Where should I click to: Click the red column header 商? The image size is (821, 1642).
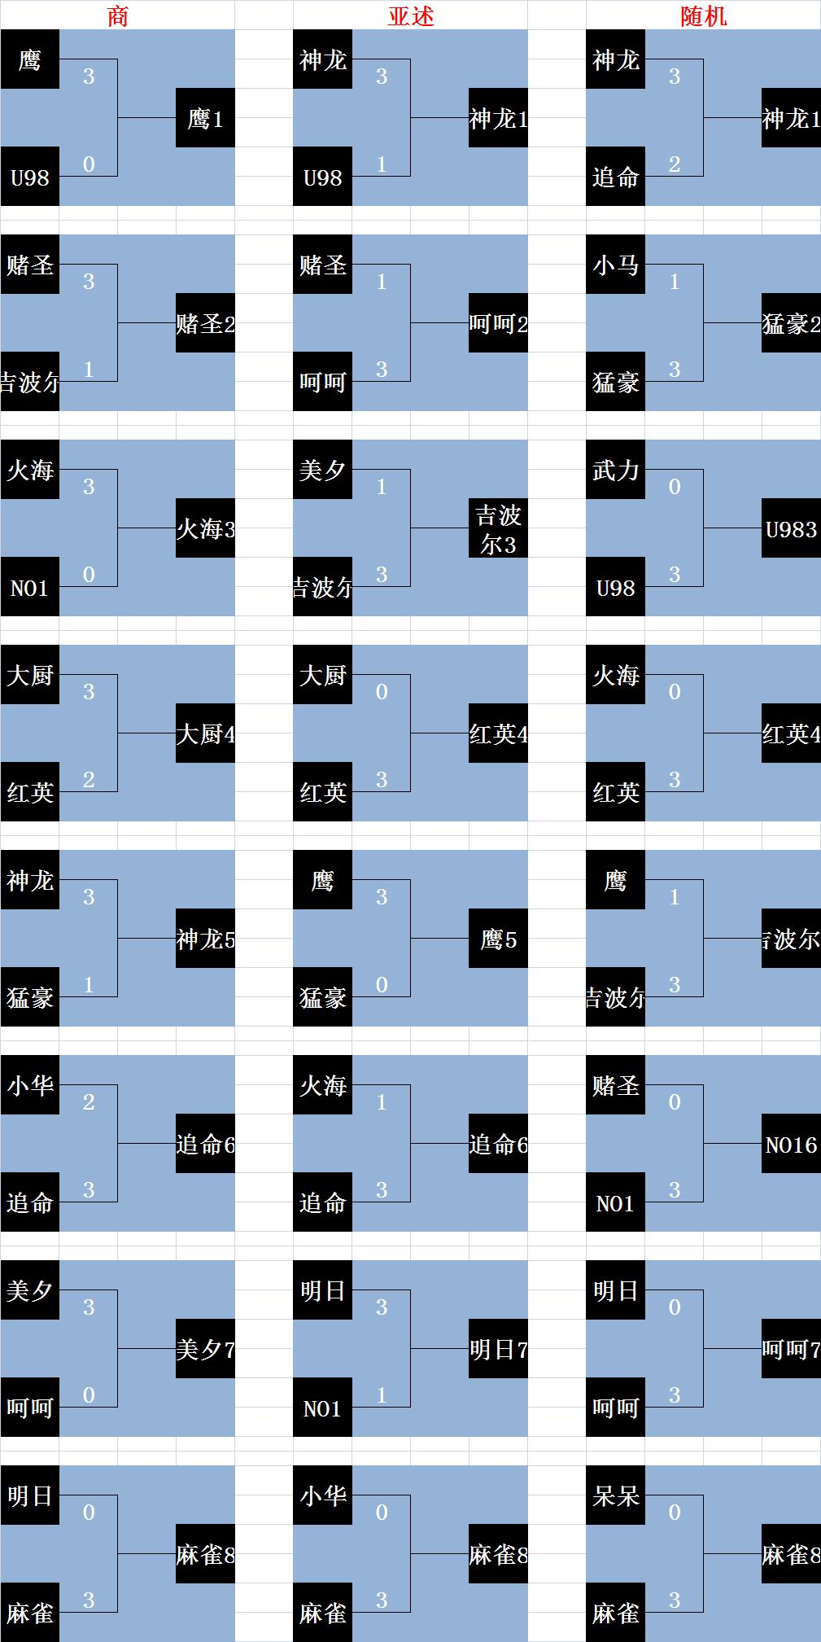click(x=118, y=16)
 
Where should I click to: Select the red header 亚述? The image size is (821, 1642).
click(x=411, y=16)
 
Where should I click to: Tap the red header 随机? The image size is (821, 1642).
click(x=704, y=16)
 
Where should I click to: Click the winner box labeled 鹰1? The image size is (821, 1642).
click(x=205, y=118)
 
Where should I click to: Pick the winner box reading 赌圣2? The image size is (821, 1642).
click(x=205, y=323)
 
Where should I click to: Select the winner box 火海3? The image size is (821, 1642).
click(x=205, y=528)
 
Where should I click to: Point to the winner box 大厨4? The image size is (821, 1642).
click(x=205, y=733)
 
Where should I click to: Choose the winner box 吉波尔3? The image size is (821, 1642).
click(x=498, y=528)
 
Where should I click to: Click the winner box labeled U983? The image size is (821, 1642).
click(x=791, y=528)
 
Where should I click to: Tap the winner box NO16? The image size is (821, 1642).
click(x=791, y=1144)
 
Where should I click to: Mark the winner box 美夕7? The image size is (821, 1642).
click(x=205, y=1349)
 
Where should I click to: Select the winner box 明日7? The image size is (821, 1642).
click(x=498, y=1349)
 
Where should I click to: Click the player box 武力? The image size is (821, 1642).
click(x=615, y=470)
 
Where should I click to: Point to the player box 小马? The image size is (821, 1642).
click(x=615, y=265)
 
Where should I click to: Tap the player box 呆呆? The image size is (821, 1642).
click(x=615, y=1495)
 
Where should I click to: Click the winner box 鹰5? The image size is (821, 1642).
click(x=498, y=939)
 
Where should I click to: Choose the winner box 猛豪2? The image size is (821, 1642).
click(x=791, y=323)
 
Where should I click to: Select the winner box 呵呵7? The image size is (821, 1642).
click(x=791, y=1349)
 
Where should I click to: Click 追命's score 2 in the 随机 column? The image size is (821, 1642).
click(x=675, y=164)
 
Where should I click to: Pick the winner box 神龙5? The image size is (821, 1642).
click(x=205, y=939)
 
